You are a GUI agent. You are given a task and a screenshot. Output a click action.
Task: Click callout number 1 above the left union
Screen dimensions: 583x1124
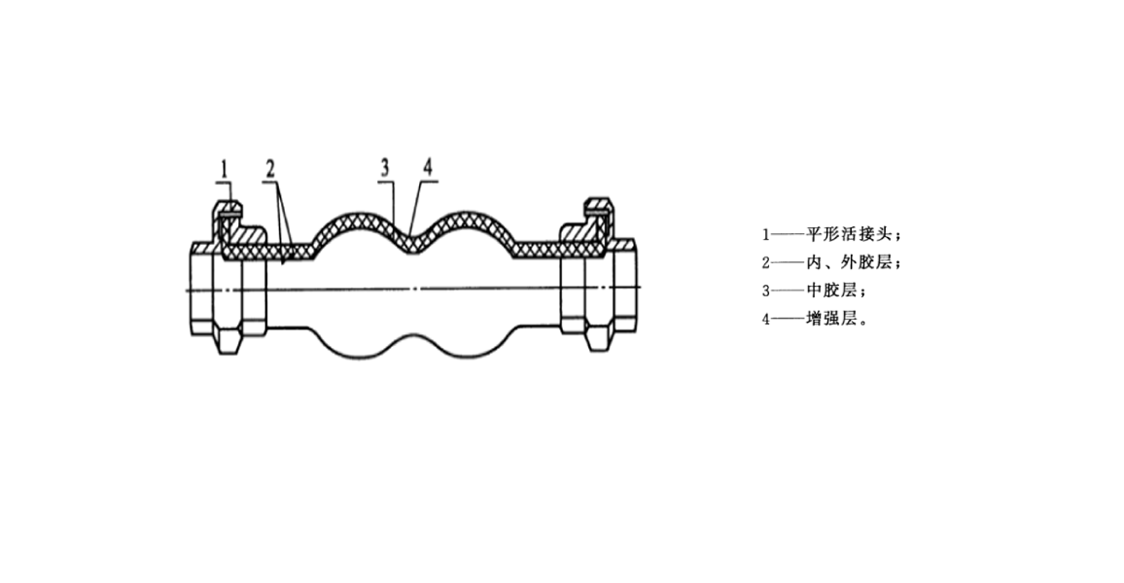224,169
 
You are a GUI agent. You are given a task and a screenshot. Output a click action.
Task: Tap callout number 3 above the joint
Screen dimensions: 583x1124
386,167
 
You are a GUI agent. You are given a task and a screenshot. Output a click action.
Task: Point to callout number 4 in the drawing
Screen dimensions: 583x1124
428,167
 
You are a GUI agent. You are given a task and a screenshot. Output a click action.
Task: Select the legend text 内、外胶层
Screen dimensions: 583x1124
848,262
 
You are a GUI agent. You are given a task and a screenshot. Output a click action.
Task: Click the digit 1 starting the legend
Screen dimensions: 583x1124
766,234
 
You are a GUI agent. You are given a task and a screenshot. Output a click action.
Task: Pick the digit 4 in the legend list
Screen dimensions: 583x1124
766,318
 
